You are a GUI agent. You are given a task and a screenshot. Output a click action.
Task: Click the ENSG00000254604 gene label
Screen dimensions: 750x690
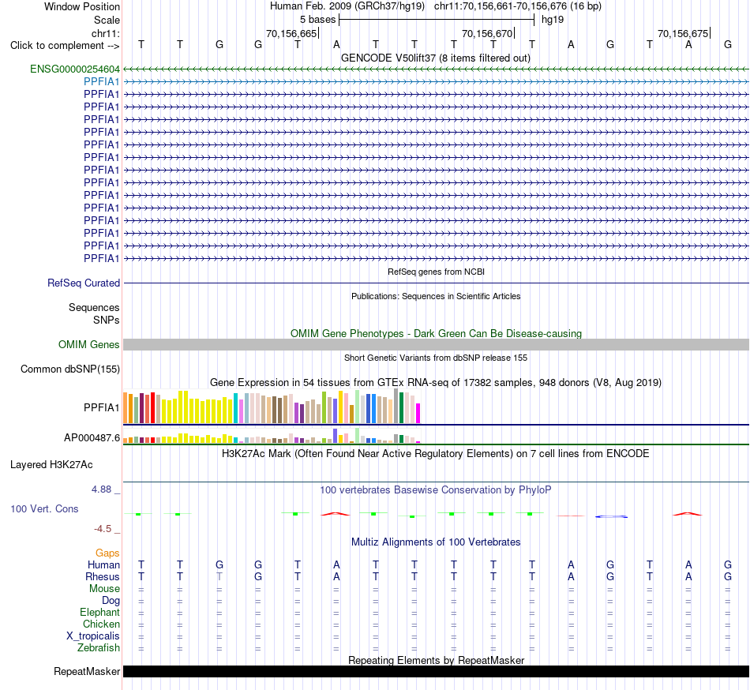(75, 69)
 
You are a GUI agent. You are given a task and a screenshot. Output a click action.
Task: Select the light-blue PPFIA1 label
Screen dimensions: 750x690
(101, 82)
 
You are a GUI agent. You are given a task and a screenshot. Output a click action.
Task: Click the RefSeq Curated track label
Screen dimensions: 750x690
(84, 283)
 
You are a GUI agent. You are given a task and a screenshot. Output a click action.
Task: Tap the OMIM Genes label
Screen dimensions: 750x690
(89, 344)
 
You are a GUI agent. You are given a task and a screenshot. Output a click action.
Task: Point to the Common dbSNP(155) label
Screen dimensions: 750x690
(70, 369)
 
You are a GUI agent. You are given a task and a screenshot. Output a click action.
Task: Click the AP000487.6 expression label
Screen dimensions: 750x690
(92, 437)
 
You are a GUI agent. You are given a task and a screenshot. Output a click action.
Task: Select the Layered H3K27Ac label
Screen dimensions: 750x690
(51, 465)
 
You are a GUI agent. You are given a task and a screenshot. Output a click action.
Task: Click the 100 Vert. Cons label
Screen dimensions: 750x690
(44, 508)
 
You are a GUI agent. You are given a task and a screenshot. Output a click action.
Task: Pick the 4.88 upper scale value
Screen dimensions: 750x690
(101, 489)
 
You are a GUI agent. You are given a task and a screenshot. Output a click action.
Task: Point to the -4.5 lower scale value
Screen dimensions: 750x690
(103, 528)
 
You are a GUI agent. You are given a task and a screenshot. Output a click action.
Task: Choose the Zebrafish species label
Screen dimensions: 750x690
(99, 648)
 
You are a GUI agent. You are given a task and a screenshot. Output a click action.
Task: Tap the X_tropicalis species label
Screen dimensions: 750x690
(93, 636)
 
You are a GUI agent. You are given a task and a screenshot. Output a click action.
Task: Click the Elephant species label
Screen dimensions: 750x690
(99, 613)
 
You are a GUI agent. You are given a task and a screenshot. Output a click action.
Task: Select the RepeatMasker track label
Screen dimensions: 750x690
(87, 671)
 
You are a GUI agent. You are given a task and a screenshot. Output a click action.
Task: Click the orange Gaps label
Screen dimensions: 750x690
(107, 553)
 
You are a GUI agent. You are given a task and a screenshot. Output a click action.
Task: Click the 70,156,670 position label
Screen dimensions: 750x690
(487, 33)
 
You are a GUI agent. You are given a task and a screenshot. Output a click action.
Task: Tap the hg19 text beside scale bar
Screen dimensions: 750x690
(553, 20)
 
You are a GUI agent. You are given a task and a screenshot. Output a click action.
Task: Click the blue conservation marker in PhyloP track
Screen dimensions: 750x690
(611, 516)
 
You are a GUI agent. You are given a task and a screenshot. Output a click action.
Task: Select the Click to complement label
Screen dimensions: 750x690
(65, 46)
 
